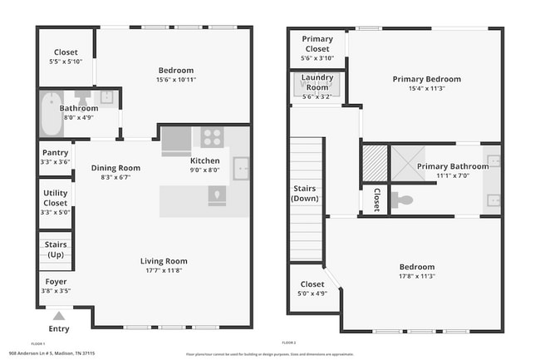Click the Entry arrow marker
pyautogui.click(x=58, y=316)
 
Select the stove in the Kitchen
pyautogui.click(x=212, y=138)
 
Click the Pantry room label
pyautogui.click(x=55, y=152)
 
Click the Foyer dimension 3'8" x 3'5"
pyautogui.click(x=55, y=291)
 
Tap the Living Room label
pyautogui.click(x=164, y=261)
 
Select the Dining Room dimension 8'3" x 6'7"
pyautogui.click(x=115, y=177)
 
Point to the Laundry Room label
pyautogui.click(x=317, y=83)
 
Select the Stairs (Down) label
pyautogui.click(x=306, y=194)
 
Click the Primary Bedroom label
pyautogui.click(x=426, y=79)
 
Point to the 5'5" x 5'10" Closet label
pyautogui.click(x=61, y=52)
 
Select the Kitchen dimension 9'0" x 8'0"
pyautogui.click(x=206, y=170)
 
